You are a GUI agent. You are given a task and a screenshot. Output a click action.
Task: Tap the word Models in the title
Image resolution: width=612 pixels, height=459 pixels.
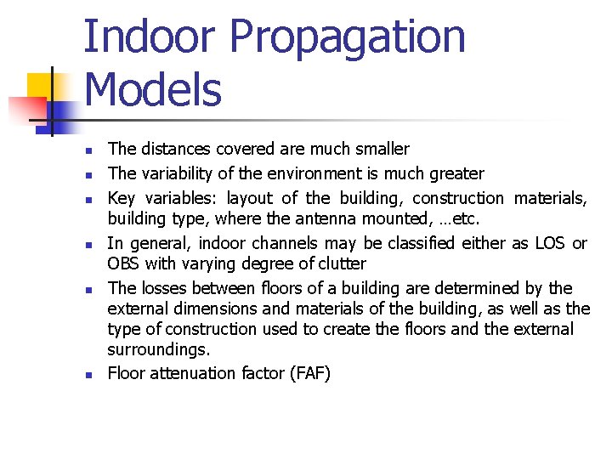point(153,89)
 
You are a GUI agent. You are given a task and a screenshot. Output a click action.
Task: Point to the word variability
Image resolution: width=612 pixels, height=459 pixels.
point(178,174)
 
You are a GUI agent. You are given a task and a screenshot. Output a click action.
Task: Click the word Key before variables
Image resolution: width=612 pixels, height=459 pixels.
point(122,199)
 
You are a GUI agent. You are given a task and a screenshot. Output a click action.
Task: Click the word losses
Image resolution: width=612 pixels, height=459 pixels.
point(163,288)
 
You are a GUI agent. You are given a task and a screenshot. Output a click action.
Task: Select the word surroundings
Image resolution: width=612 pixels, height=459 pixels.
point(158,349)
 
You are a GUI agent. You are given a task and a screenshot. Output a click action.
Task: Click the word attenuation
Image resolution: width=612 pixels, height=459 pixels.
point(188,373)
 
